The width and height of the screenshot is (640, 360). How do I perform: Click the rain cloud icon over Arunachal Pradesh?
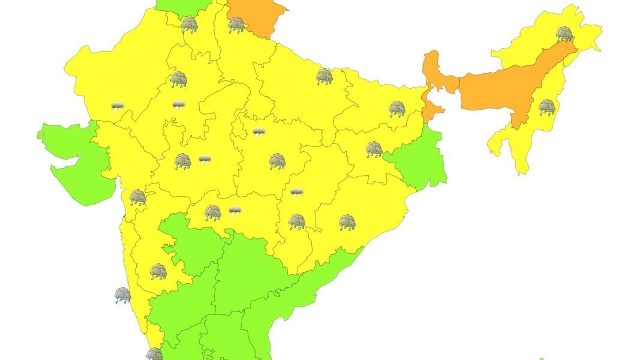coord(564,34)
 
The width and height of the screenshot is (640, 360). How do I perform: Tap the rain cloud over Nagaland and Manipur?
coord(546,107)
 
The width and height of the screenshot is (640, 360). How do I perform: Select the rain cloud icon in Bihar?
coord(397,109)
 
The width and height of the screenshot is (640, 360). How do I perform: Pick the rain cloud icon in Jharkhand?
coord(374,149)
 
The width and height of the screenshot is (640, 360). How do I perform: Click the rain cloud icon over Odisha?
coord(347,223)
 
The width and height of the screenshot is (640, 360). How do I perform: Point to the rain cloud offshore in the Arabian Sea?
coord(122,295)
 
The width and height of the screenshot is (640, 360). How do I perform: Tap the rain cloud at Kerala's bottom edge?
coord(155,354)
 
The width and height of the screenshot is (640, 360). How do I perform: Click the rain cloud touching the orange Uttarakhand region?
coord(236,25)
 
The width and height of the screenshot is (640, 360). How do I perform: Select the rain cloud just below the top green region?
coord(190,25)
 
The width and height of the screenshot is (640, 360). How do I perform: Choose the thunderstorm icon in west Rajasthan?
coord(118,107)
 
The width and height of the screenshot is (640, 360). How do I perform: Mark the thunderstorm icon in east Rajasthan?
coord(178,106)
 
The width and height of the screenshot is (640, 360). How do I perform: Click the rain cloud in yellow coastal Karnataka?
coord(158,272)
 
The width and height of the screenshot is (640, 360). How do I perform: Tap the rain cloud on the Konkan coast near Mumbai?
coord(138,197)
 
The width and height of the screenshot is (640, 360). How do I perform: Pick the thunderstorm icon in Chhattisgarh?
coord(296,192)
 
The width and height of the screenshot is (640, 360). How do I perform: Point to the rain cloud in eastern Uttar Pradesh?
coord(324,76)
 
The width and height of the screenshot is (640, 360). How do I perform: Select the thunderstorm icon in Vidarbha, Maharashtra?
coord(235,211)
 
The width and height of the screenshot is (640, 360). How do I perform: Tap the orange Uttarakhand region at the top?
coord(255,15)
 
